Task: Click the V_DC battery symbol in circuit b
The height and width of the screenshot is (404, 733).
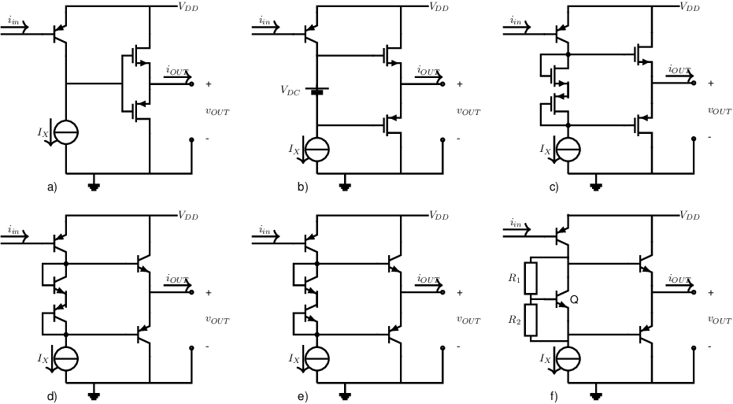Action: (x=317, y=91)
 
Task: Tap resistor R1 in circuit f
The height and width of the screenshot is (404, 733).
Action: (x=531, y=278)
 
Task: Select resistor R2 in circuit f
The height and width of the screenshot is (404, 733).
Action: (x=531, y=321)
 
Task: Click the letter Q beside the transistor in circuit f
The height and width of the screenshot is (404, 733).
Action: (x=574, y=300)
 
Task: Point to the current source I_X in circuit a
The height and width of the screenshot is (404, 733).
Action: (x=66, y=132)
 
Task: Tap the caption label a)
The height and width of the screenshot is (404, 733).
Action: (x=52, y=188)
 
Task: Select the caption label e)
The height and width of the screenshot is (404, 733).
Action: (x=303, y=397)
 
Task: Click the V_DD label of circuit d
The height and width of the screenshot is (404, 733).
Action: (x=188, y=216)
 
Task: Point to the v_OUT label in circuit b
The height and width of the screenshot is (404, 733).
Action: (x=468, y=111)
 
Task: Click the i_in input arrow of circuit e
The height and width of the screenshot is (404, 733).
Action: (x=265, y=237)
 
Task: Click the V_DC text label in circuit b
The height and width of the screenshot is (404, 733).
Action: (x=291, y=91)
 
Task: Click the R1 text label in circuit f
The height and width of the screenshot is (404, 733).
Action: (x=514, y=278)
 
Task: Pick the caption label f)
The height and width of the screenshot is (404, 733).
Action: (x=554, y=397)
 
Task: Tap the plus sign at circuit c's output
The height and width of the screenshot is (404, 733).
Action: (x=710, y=83)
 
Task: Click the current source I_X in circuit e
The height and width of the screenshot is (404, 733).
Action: (x=317, y=359)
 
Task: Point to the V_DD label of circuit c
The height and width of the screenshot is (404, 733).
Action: (x=690, y=6)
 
